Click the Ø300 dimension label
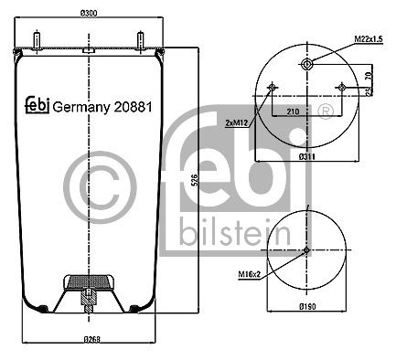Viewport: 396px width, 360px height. [x=89, y=14]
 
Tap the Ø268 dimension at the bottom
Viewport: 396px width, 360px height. [x=92, y=339]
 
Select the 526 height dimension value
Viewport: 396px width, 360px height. [x=197, y=180]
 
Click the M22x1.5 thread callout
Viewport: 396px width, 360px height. [x=369, y=39]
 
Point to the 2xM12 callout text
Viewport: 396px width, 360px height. [x=237, y=123]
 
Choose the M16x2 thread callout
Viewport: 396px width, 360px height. [x=250, y=274]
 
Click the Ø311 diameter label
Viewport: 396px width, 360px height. [x=306, y=157]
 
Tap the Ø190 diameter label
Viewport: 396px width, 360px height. [x=307, y=306]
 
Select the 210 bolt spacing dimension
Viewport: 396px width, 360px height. [x=293, y=111]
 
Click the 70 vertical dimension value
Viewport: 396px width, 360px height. [x=369, y=76]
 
